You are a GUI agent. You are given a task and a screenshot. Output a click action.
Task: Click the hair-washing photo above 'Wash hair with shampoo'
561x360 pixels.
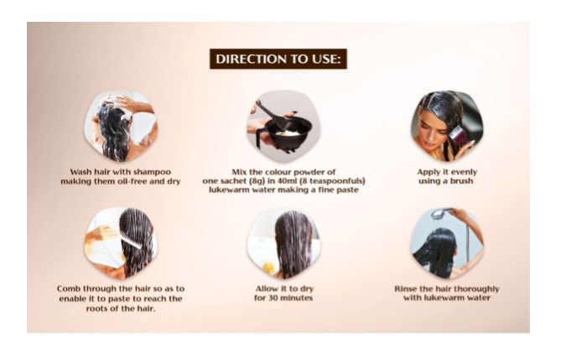point(121,126)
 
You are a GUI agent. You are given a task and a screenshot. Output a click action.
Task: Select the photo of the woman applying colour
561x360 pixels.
point(446,126)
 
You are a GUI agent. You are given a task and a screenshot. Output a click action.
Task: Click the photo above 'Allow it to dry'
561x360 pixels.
point(283,243)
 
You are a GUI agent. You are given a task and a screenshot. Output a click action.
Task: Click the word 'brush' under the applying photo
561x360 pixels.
point(462,180)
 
